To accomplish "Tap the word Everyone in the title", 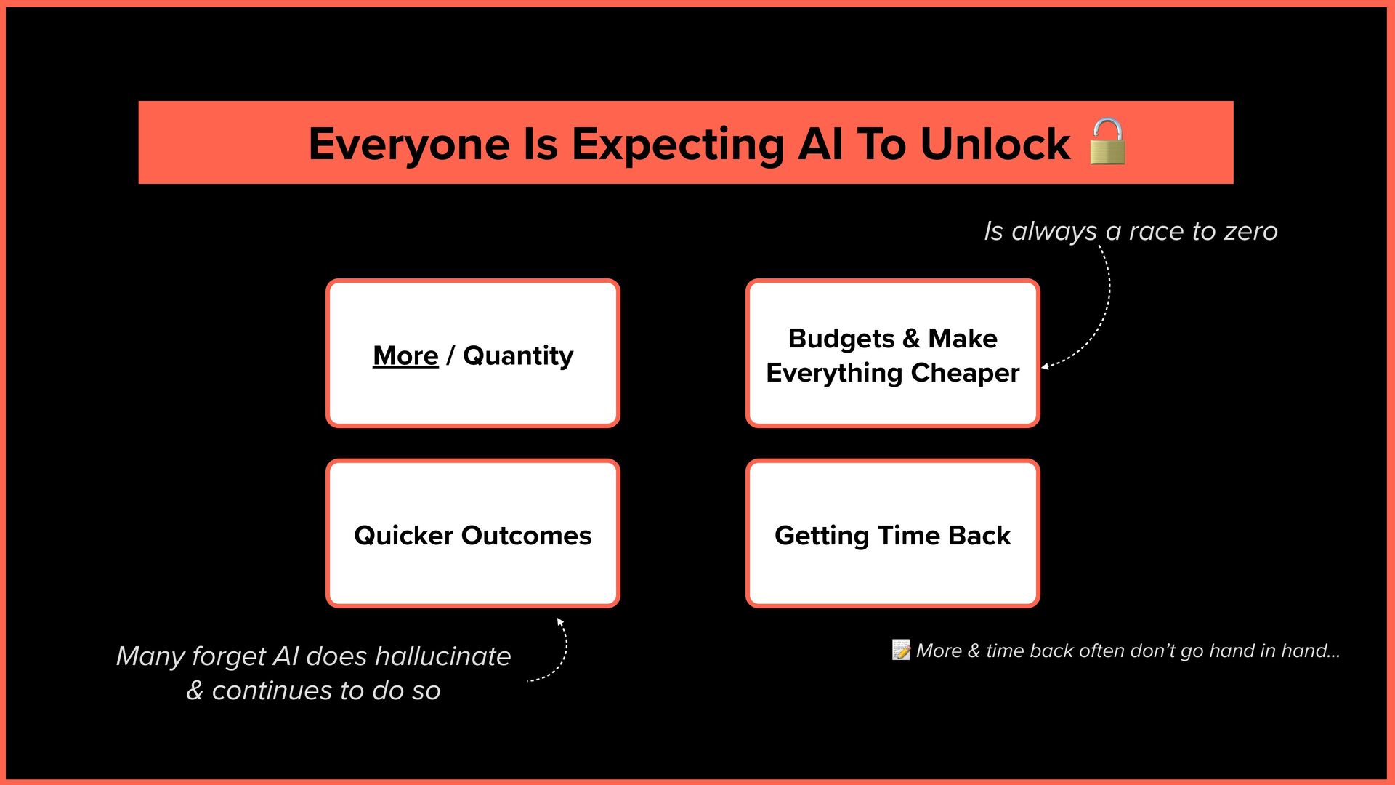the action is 409,144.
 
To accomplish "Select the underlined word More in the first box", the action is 405,355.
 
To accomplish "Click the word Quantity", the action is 518,356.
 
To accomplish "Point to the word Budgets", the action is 841,339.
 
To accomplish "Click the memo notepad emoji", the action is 901,650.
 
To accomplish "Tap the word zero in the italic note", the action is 1250,231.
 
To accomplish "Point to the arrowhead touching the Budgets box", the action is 1046,366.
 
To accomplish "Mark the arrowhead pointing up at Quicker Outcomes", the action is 559,621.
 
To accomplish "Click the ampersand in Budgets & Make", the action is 911,339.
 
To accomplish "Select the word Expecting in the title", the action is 678,144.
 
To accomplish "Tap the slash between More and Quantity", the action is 450,355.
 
